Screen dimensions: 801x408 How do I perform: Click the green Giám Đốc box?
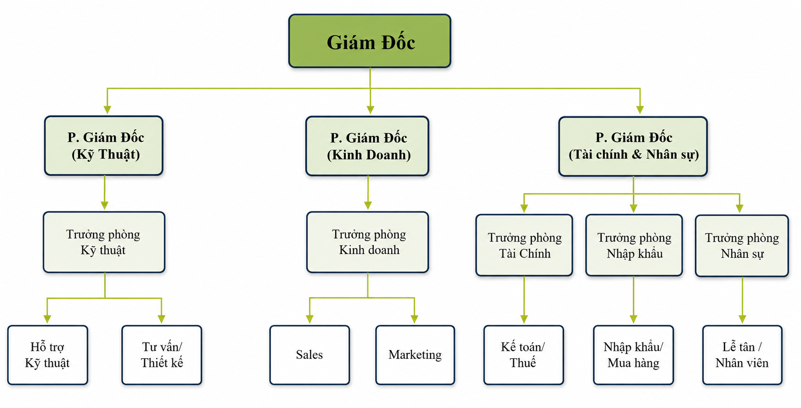click(x=369, y=41)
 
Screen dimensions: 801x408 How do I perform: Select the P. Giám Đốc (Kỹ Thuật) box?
click(x=104, y=145)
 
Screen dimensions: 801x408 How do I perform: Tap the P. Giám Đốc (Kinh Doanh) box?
click(x=367, y=146)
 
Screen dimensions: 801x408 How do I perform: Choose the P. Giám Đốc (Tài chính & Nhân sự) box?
click(x=633, y=146)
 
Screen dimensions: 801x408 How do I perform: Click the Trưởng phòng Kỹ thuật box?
click(x=104, y=242)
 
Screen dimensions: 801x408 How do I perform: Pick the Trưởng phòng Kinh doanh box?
click(x=368, y=242)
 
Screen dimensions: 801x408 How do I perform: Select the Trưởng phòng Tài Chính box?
click(x=524, y=245)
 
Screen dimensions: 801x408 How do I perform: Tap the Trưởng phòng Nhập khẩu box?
click(x=634, y=245)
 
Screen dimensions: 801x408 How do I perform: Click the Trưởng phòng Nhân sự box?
click(x=742, y=246)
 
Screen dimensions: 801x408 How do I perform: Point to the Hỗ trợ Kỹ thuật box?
click(x=47, y=355)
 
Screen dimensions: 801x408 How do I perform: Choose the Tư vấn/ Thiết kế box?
click(x=162, y=355)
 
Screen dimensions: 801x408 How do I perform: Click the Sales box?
click(x=310, y=355)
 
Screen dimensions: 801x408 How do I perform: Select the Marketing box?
click(x=415, y=355)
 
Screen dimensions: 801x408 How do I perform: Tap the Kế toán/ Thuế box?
click(x=524, y=355)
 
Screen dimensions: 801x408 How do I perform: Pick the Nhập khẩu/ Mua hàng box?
click(x=634, y=355)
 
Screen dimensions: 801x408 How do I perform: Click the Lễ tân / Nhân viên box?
click(x=743, y=355)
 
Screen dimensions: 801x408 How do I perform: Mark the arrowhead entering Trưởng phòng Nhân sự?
click(x=739, y=209)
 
